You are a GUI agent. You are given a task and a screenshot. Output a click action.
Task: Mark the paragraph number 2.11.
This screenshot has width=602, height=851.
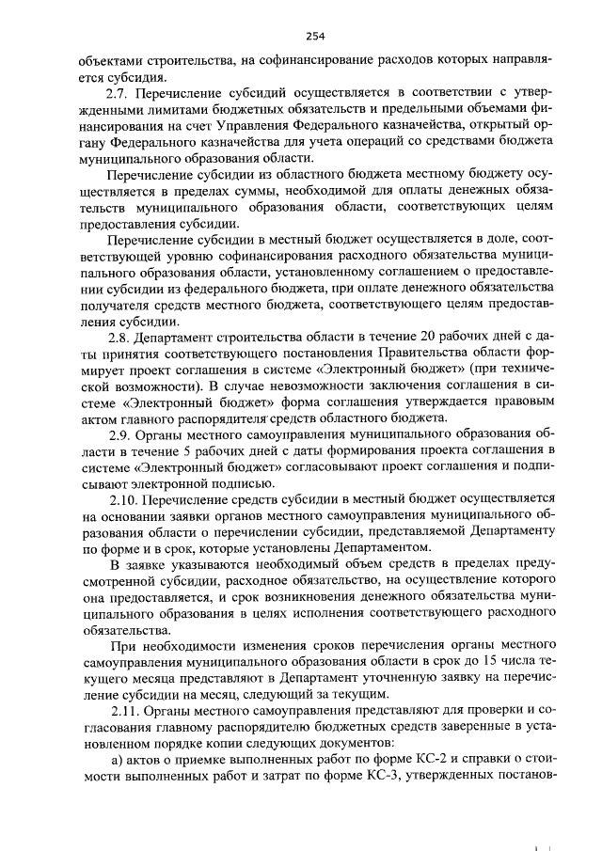[126, 708]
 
